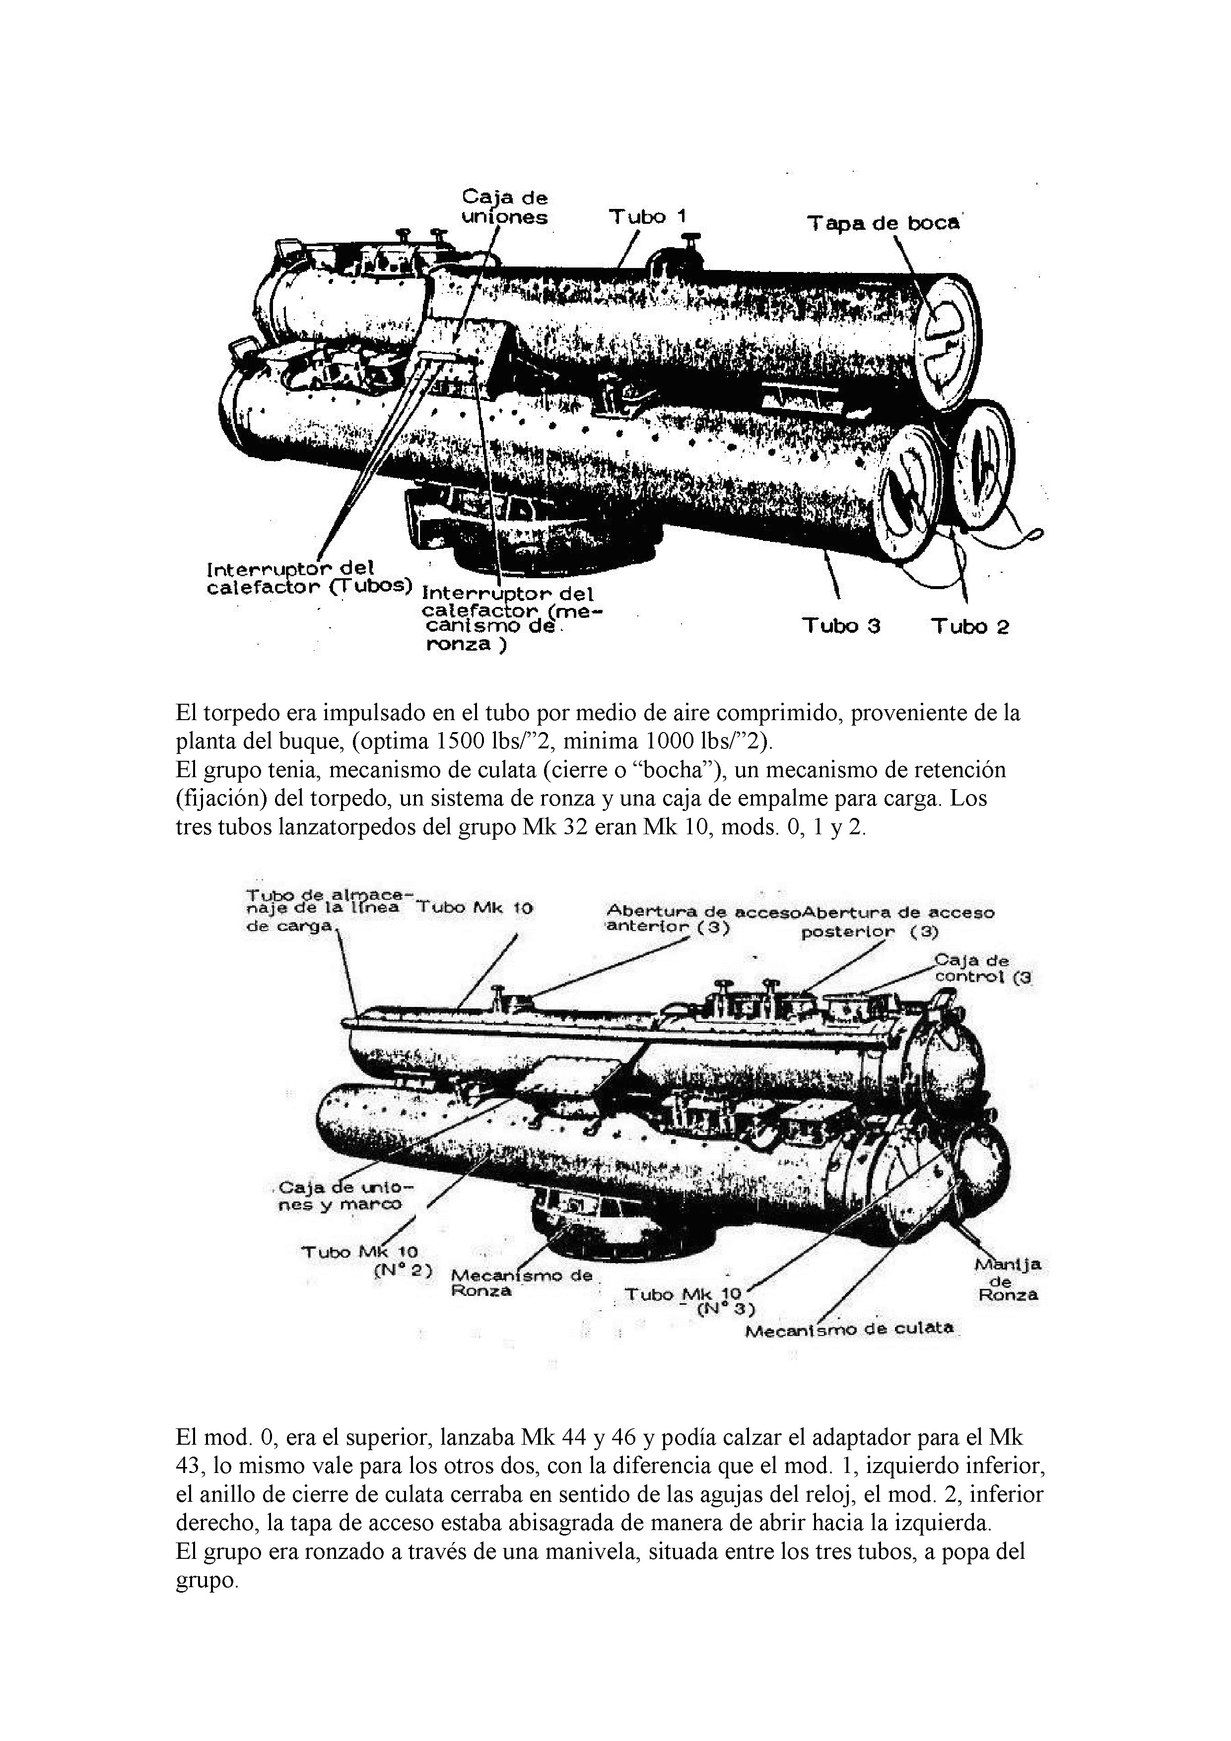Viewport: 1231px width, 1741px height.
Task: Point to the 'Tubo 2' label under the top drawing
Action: click(x=970, y=626)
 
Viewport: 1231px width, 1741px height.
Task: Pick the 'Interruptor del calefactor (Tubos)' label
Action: click(x=309, y=578)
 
